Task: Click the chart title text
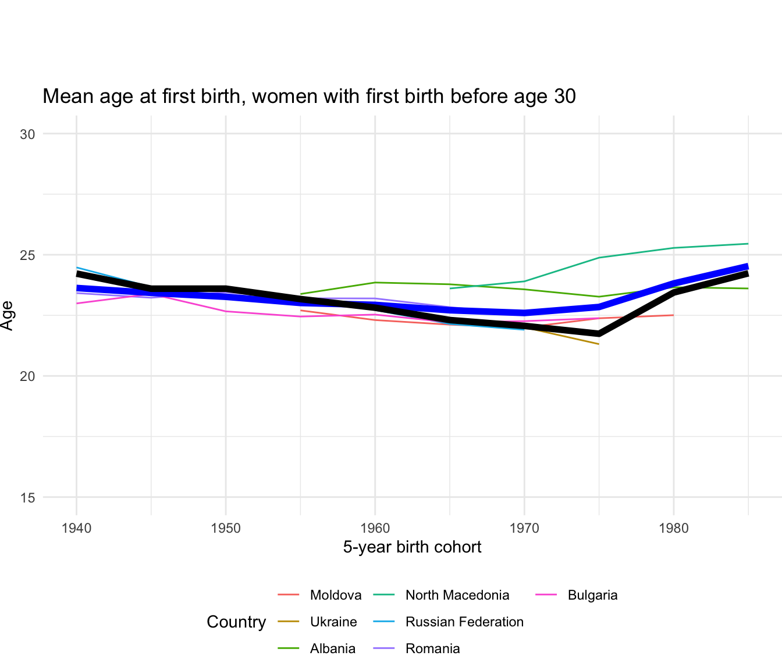tap(309, 97)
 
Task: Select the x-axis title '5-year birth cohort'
tap(412, 547)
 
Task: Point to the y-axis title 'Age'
tap(8, 315)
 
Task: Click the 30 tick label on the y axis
tap(27, 134)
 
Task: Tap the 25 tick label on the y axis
tap(27, 255)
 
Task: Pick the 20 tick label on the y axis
tap(27, 376)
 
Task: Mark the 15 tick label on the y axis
tap(27, 498)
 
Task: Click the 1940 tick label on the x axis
tap(76, 529)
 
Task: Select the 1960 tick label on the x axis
tap(375, 529)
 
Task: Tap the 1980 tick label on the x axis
tap(674, 529)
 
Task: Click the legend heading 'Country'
tap(236, 622)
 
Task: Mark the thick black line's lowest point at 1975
tap(599, 334)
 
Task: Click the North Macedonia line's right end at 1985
tap(748, 244)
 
